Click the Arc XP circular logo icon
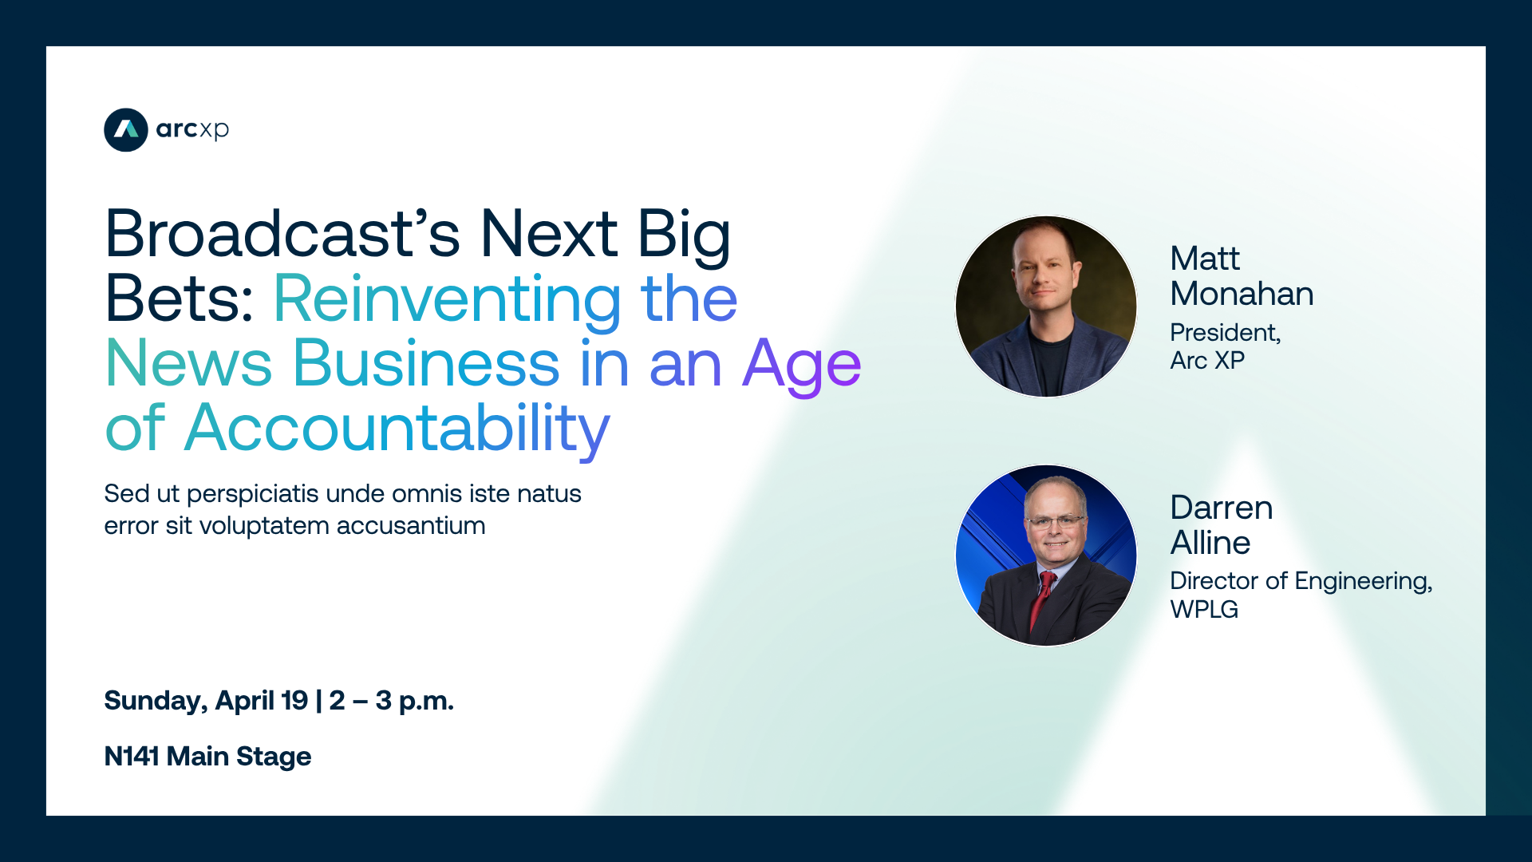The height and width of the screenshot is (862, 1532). click(126, 129)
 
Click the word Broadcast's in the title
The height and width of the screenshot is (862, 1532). click(283, 234)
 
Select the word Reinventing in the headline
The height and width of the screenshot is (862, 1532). click(448, 299)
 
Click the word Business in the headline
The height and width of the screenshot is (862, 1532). click(427, 363)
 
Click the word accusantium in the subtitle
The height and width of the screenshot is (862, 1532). click(411, 526)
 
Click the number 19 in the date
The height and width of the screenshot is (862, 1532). click(294, 701)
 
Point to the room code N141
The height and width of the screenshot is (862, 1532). click(132, 757)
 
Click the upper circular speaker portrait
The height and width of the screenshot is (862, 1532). click(1046, 306)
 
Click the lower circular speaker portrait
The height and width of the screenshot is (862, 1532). click(1046, 556)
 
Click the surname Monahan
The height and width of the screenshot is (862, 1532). click(1242, 294)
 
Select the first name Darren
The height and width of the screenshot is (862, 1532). click(1222, 508)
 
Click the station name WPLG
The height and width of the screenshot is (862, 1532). click(1204, 610)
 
